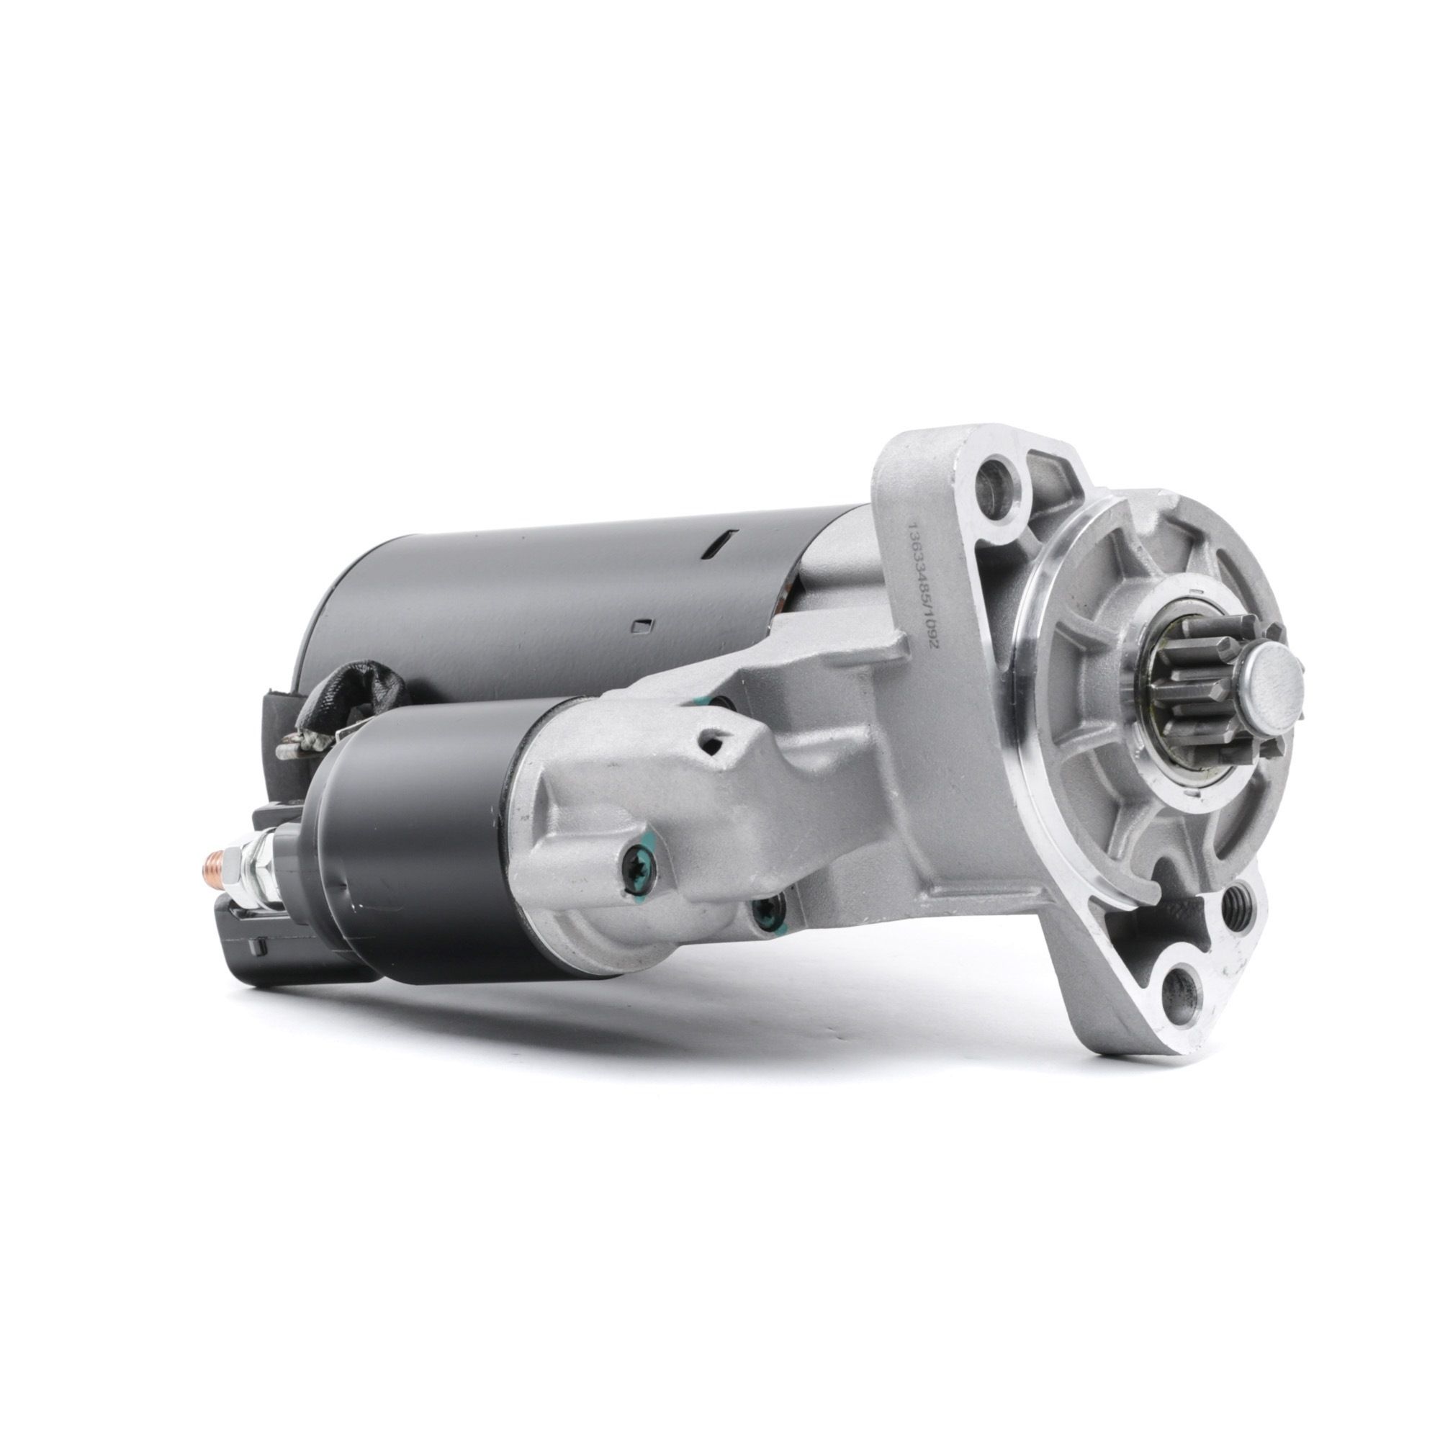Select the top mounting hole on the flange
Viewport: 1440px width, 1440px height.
point(999,477)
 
